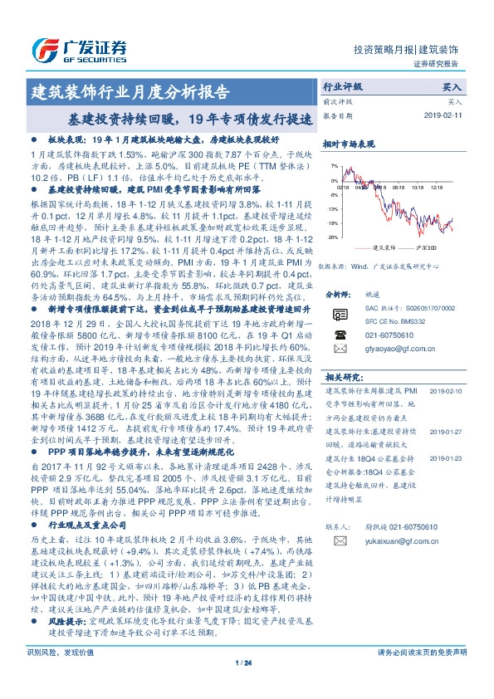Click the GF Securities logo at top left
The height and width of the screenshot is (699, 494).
78,47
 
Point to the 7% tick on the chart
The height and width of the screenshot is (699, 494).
333,165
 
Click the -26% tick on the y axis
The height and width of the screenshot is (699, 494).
331,237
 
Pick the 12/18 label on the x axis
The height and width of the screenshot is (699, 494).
438,188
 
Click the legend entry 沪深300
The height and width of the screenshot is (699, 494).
424,247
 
